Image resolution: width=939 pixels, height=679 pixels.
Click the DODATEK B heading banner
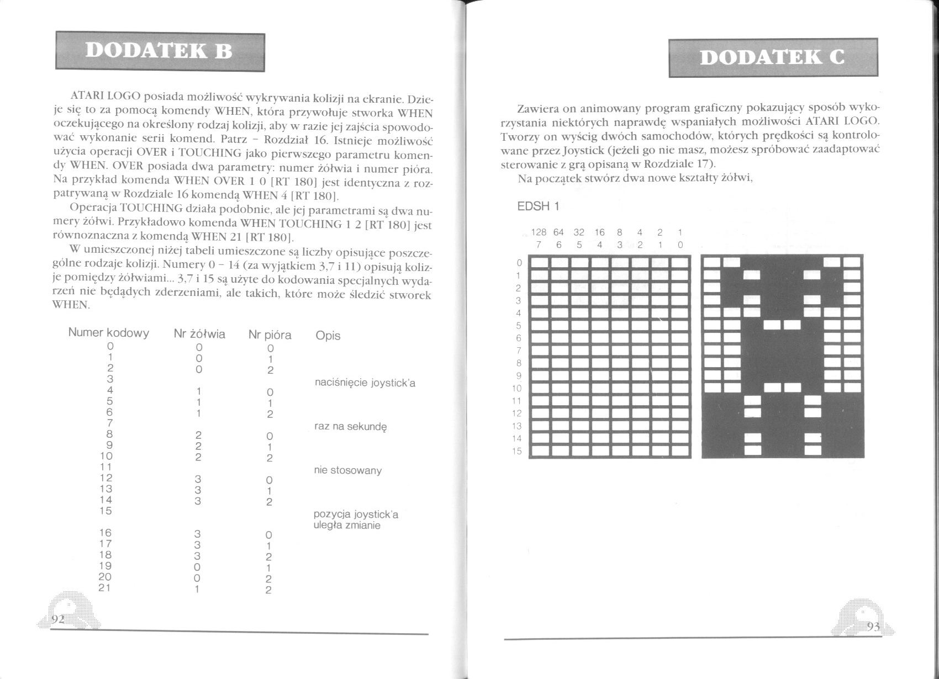click(160, 51)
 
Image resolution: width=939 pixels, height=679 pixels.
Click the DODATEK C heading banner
click(773, 57)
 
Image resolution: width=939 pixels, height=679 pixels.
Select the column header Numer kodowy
click(108, 333)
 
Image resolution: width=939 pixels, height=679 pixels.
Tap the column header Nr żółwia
click(199, 334)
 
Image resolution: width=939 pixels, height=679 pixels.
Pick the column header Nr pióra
click(270, 335)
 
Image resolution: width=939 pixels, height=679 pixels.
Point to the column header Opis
click(328, 336)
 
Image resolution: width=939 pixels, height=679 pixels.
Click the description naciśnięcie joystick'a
click(364, 383)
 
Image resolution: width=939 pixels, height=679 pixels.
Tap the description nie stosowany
click(347, 470)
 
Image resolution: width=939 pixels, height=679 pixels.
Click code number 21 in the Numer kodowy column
click(105, 588)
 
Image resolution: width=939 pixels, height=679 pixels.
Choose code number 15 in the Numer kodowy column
click(105, 511)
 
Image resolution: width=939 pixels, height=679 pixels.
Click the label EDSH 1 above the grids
click(539, 207)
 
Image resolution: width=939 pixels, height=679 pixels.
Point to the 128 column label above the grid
click(539, 233)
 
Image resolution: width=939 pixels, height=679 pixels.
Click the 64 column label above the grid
click(558, 233)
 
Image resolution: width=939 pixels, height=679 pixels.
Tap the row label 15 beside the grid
click(517, 451)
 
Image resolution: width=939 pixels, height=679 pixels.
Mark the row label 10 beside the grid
click(517, 388)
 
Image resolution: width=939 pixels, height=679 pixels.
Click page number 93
click(873, 627)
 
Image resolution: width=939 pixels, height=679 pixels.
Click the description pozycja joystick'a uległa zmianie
click(356, 520)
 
